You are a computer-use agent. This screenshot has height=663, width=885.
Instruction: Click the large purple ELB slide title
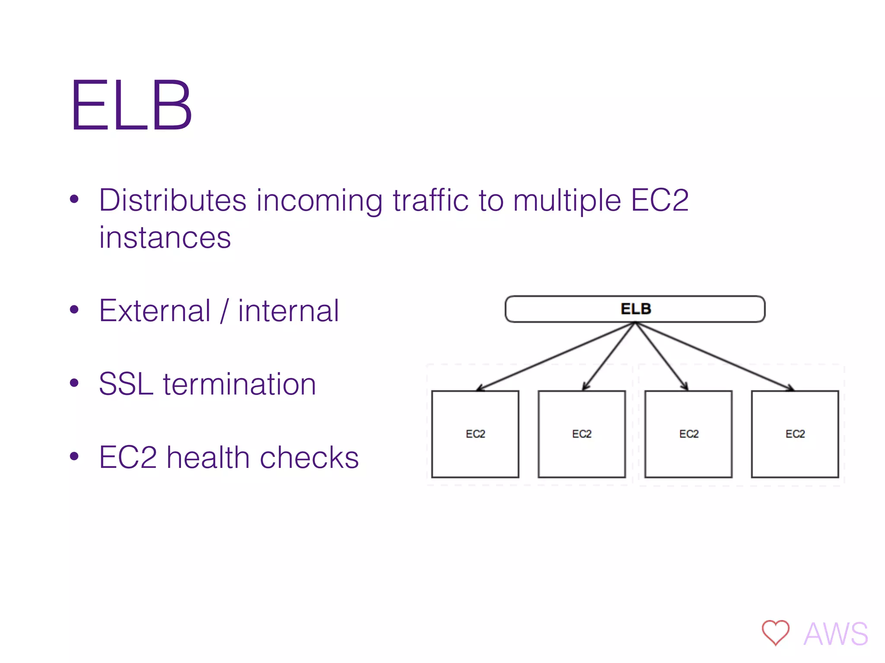(131, 106)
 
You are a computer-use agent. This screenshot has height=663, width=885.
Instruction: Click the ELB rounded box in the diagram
(635, 309)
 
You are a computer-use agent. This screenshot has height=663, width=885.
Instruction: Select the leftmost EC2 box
(475, 434)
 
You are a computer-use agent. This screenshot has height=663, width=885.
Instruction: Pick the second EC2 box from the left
(582, 434)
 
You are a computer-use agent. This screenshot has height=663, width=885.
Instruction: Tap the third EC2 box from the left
(688, 434)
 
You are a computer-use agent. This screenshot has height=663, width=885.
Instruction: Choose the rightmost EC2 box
(795, 434)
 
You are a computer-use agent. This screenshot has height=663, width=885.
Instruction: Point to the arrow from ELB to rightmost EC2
(715, 356)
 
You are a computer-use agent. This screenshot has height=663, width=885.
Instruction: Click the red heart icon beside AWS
(775, 633)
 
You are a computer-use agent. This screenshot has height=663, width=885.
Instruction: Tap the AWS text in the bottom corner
(836, 634)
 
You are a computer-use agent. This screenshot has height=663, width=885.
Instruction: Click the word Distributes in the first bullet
(172, 200)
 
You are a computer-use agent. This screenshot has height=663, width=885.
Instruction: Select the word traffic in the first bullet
(430, 200)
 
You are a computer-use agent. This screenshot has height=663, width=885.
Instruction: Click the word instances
(165, 238)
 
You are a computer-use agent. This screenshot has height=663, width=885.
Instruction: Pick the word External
(155, 311)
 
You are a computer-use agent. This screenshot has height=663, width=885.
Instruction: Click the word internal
(288, 311)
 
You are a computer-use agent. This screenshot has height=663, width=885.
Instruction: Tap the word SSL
(126, 384)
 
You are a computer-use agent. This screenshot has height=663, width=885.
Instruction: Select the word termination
(239, 384)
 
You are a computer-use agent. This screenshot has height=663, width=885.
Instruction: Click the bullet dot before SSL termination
(74, 383)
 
